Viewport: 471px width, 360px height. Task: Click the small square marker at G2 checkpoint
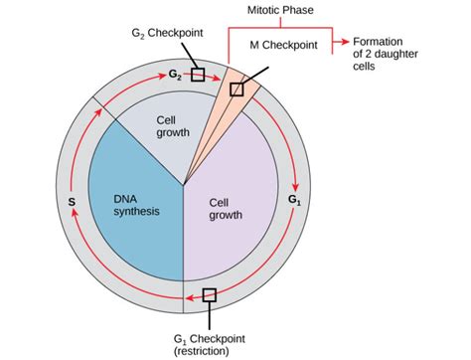pyautogui.click(x=198, y=75)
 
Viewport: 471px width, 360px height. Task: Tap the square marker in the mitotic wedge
pyautogui.click(x=236, y=90)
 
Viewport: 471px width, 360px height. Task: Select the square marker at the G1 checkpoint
pyautogui.click(x=209, y=294)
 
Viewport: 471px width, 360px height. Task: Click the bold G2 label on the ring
pyautogui.click(x=175, y=74)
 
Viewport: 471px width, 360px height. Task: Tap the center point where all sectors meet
pyautogui.click(x=183, y=185)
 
